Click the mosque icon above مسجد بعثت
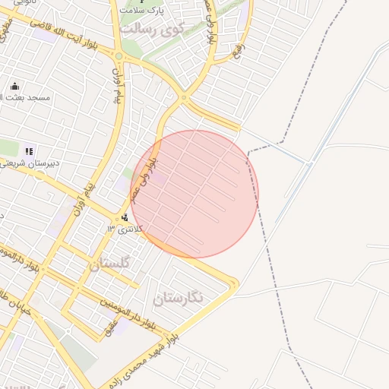point(16,85)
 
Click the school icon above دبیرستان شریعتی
point(30,151)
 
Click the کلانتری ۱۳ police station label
point(124,229)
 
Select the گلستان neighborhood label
point(110,264)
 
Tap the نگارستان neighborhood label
point(179,299)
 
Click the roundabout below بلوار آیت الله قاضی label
point(118,55)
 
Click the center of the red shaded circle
point(195,194)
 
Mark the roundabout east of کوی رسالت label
point(184,97)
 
